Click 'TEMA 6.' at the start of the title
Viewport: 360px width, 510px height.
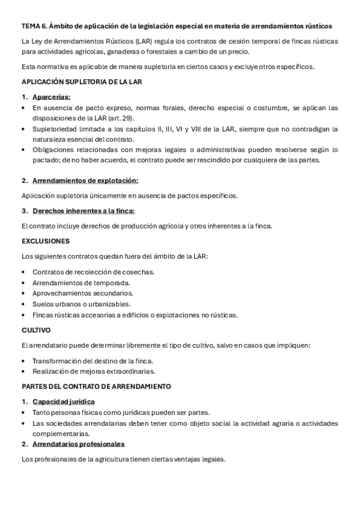click(34, 26)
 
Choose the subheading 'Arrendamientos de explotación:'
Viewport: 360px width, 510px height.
click(85, 180)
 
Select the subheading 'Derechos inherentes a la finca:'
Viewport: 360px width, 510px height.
click(84, 210)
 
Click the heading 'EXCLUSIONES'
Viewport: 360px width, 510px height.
click(46, 241)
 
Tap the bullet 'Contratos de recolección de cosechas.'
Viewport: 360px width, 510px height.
click(93, 272)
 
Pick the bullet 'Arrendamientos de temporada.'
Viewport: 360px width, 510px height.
click(82, 283)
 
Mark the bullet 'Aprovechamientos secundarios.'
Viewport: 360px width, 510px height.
click(83, 293)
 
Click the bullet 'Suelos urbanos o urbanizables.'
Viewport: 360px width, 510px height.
click(82, 304)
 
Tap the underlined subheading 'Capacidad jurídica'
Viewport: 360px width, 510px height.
click(63, 402)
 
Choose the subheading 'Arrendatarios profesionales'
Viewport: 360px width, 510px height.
click(78, 444)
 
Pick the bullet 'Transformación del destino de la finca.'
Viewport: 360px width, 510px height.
click(93, 360)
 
